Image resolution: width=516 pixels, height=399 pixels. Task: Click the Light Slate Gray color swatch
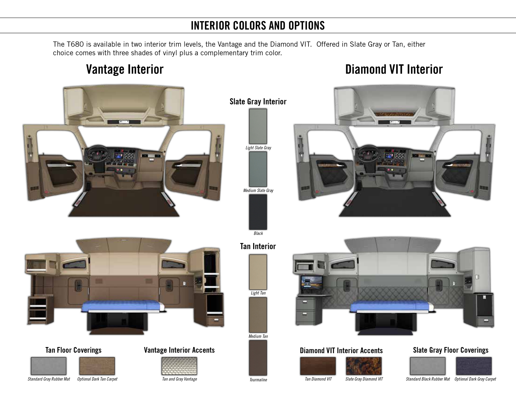pyautogui.click(x=258, y=126)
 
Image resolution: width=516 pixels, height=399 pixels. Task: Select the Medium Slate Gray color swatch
pyautogui.click(x=258, y=169)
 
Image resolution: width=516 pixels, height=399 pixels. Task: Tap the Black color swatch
pyautogui.click(x=258, y=212)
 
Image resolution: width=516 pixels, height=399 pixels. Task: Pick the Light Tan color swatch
pyautogui.click(x=258, y=272)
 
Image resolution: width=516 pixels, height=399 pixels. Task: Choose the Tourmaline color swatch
pyautogui.click(x=258, y=358)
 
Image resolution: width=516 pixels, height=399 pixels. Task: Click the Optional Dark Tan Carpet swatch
pyautogui.click(x=97, y=366)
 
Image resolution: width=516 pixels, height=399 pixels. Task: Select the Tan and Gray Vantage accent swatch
pyautogui.click(x=179, y=366)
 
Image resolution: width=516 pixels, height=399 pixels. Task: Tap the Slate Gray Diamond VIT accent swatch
pyautogui.click(x=364, y=366)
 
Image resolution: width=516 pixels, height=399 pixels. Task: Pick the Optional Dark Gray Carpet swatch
pyautogui.click(x=474, y=366)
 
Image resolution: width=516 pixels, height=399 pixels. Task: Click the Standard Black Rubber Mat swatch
pyautogui.click(x=428, y=366)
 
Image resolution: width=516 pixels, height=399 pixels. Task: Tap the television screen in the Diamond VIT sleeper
pyautogui.click(x=312, y=284)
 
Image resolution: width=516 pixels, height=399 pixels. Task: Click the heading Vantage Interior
pyautogui.click(x=125, y=69)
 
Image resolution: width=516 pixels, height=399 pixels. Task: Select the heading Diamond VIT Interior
pyautogui.click(x=394, y=69)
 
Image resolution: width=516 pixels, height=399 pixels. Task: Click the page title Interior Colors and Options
pyautogui.click(x=258, y=25)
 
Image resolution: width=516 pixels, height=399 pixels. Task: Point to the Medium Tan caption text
pyautogui.click(x=258, y=336)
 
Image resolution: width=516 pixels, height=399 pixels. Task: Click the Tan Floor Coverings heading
pyautogui.click(x=73, y=350)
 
